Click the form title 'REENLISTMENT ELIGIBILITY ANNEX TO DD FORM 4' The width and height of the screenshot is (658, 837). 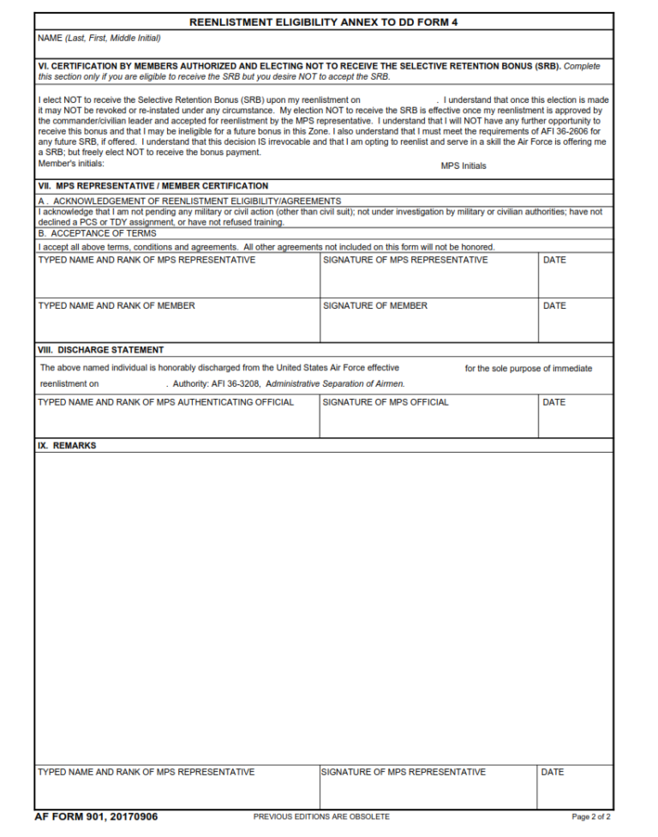tap(323, 21)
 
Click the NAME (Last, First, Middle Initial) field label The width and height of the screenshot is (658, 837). tap(99, 38)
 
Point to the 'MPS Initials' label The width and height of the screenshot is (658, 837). tap(464, 166)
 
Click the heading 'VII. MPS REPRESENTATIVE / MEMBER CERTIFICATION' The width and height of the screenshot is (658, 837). tap(153, 185)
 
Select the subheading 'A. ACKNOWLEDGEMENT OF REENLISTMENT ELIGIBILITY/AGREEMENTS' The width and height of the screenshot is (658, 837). tap(189, 201)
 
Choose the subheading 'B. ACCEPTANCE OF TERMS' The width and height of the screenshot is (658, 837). tap(97, 232)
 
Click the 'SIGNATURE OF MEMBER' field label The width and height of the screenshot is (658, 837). tap(375, 305)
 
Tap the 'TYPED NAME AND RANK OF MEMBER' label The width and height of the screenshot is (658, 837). tap(117, 305)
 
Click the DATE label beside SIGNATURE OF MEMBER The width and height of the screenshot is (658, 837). tap(554, 305)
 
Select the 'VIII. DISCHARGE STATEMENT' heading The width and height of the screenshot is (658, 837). tap(101, 350)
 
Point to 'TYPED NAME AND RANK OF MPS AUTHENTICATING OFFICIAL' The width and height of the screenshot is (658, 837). tap(166, 401)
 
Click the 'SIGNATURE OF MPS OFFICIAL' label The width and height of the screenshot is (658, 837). tap(386, 401)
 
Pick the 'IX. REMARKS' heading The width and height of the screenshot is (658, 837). tap(67, 446)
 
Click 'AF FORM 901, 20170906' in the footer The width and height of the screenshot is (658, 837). tap(96, 816)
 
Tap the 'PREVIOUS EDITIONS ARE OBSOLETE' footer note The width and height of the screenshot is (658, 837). tap(321, 816)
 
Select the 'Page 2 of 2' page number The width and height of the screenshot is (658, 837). tap(590, 816)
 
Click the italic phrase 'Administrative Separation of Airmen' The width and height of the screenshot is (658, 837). tap(335, 383)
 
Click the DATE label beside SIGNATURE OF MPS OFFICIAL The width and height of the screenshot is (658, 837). tap(554, 401)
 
